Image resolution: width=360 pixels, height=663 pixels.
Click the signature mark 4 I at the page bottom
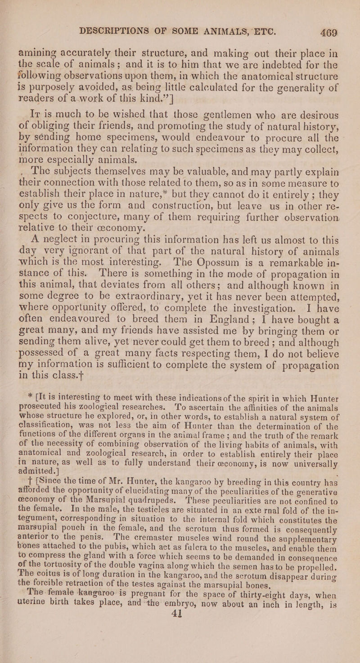point(181,654)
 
